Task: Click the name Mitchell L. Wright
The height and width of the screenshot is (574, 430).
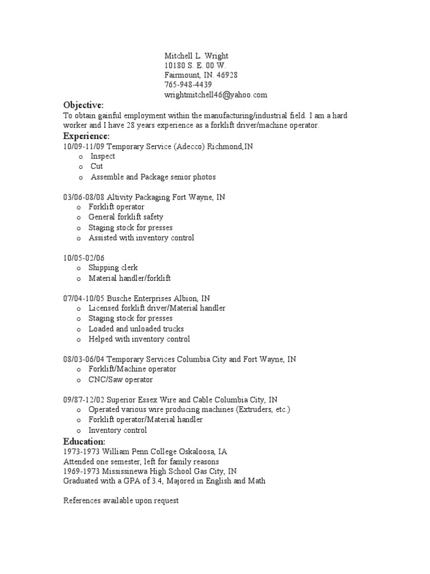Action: point(197,56)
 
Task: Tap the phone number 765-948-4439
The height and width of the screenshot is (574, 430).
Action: point(188,85)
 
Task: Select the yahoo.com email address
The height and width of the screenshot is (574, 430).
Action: point(216,95)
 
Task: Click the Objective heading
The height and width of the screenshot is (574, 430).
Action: point(83,105)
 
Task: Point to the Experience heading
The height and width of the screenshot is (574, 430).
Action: point(86,136)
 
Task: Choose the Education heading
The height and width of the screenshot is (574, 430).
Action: point(84,442)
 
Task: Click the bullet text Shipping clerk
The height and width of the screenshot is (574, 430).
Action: point(113,267)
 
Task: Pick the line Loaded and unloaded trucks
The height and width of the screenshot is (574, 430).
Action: point(136,328)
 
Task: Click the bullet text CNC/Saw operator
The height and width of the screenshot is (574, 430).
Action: point(120,379)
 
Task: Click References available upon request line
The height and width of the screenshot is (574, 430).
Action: point(121,501)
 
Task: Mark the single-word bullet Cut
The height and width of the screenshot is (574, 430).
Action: point(96,166)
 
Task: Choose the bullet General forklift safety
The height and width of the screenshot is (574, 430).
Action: point(125,217)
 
